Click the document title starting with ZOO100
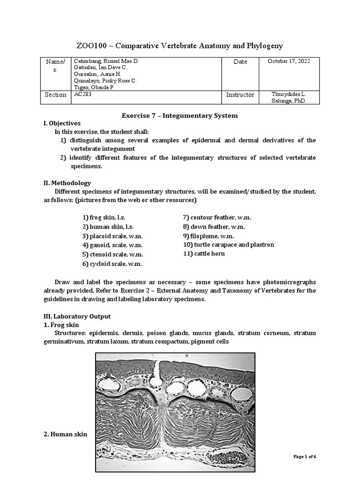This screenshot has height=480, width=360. [180, 45]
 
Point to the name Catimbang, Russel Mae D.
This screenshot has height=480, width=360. [106, 61]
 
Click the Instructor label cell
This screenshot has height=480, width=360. [240, 95]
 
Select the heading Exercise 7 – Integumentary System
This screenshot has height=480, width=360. [180, 115]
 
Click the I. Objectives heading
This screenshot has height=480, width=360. [62, 123]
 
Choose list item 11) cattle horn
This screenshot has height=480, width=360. [204, 254]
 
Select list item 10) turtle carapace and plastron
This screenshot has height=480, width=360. [228, 245]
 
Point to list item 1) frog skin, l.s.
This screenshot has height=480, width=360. [105, 218]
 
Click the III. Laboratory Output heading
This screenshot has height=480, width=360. [77, 316]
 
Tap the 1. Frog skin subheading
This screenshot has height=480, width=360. [61, 325]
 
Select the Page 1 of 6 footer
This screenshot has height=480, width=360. [305, 457]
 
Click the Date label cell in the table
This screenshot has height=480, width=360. [240, 61]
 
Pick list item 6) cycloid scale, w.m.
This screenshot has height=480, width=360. [112, 263]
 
